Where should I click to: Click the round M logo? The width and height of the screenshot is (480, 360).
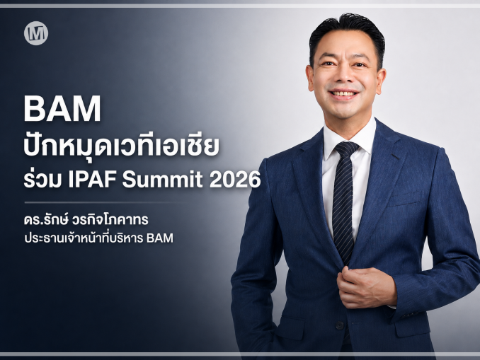click(36, 33)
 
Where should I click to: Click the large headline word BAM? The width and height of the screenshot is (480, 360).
click(62, 109)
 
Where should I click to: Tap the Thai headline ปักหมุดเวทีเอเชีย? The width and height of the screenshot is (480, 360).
click(122, 146)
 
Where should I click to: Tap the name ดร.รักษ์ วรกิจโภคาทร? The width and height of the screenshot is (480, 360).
click(86, 219)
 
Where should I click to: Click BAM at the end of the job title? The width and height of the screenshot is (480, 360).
click(160, 238)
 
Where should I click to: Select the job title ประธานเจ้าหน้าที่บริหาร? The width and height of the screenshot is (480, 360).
click(84, 238)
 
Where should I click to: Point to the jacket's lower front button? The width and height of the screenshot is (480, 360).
click(339, 325)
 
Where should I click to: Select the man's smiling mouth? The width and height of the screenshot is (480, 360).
click(343, 93)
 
